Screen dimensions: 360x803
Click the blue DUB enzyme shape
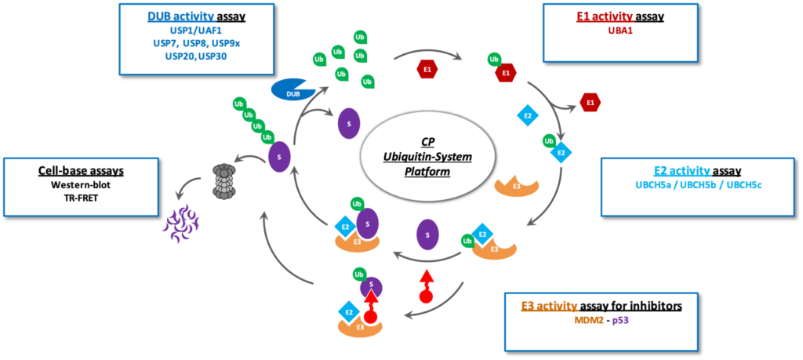290,91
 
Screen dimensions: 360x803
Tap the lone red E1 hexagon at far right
590,102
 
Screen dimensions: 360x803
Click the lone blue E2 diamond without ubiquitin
527,116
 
